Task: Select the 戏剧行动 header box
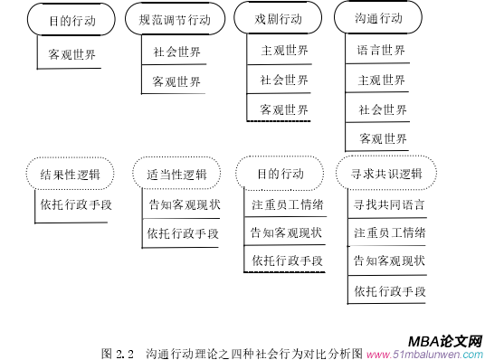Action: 278,19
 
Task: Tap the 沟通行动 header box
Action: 378,19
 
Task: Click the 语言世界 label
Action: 382,50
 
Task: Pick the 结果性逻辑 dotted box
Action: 70,174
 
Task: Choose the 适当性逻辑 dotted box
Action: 176,174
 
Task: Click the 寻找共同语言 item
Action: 389,204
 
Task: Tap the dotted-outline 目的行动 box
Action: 280,174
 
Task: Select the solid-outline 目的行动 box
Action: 70,19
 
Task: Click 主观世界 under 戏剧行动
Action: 284,50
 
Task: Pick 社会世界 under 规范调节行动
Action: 176,51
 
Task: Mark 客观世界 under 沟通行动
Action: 382,138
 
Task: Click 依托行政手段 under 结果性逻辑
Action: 76,204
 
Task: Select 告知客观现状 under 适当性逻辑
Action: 184,204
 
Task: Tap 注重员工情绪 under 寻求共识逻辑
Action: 389,232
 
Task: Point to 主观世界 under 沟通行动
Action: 382,80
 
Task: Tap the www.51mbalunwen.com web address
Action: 424,354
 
